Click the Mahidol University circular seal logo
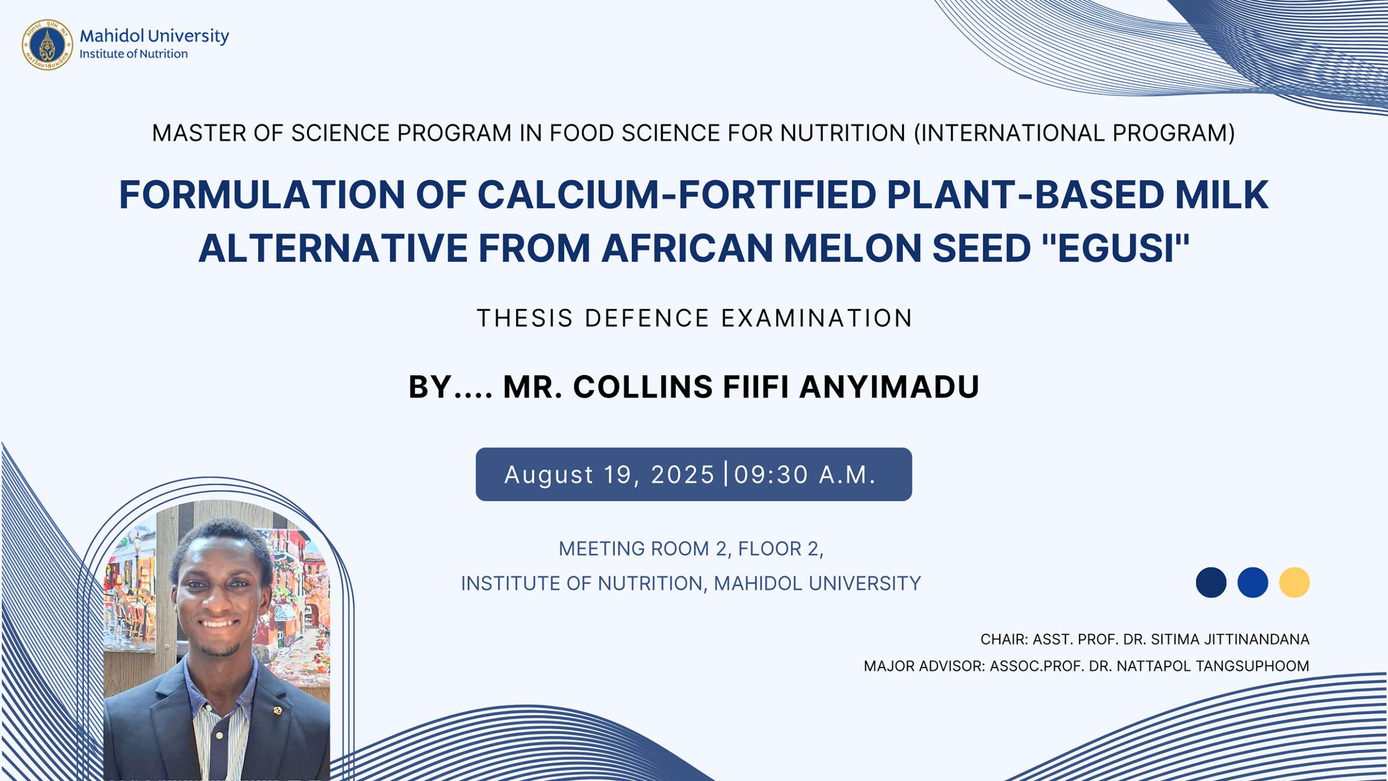[x=47, y=44]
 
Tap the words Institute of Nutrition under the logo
[x=133, y=54]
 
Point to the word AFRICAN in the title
[x=687, y=248]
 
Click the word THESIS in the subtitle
[x=525, y=318]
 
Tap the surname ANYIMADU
[x=889, y=387]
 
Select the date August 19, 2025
[x=609, y=475]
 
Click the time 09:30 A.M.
[x=805, y=475]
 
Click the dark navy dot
[x=1211, y=582]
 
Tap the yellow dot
[x=1294, y=582]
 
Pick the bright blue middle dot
[x=1252, y=582]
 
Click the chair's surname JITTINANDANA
[x=1257, y=639]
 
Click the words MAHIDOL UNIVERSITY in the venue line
[x=817, y=584]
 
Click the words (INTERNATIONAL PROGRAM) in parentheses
[x=1075, y=133]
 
